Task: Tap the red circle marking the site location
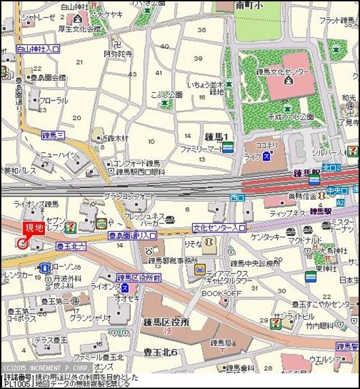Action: pos(22,243)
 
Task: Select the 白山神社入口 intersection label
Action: pos(37,50)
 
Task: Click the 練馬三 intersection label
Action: pos(53,135)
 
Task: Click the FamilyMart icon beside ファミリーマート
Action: pos(228,147)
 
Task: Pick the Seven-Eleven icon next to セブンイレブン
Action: pos(71,225)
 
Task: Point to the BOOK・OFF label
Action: pos(221,293)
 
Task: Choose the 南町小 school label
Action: pos(249,6)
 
